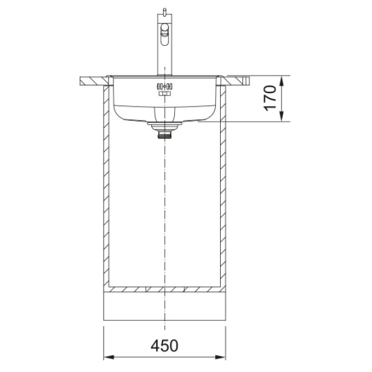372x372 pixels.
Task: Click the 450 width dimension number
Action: pyautogui.click(x=164, y=345)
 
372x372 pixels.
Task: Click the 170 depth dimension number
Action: pyautogui.click(x=270, y=98)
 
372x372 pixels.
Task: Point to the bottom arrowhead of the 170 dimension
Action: pyautogui.click(x=281, y=117)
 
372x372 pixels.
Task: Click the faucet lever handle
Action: pyautogui.click(x=164, y=34)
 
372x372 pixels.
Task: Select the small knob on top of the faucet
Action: pyautogui.click(x=164, y=11)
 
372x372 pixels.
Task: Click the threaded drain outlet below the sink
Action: pyautogui.click(x=164, y=135)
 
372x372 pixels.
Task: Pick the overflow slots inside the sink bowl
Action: pyautogui.click(x=164, y=86)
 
